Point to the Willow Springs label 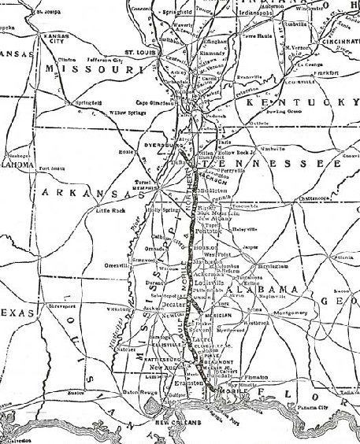click(106, 113)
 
